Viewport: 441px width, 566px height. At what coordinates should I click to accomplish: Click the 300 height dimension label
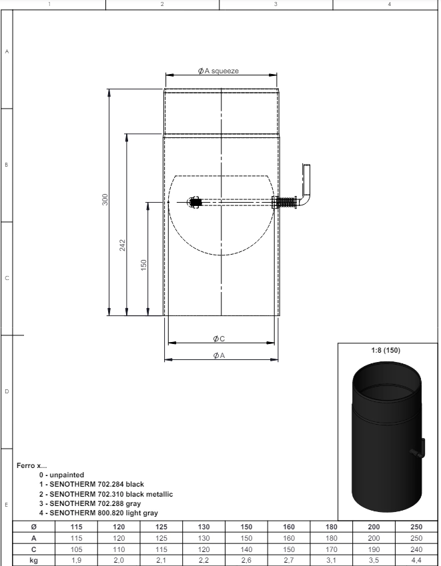click(105, 199)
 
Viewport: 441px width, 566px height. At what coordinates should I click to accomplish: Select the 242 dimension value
click(123, 245)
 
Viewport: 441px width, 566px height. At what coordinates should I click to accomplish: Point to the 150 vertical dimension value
click(143, 265)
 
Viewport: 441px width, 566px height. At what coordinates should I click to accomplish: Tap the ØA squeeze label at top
click(218, 71)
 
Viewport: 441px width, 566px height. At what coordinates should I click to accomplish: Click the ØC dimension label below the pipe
click(219, 339)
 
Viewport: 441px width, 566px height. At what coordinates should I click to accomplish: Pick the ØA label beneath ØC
click(219, 355)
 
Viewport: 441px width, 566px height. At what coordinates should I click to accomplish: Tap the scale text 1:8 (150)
click(386, 350)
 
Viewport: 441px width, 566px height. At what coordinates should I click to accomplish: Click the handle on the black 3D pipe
click(419, 450)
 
